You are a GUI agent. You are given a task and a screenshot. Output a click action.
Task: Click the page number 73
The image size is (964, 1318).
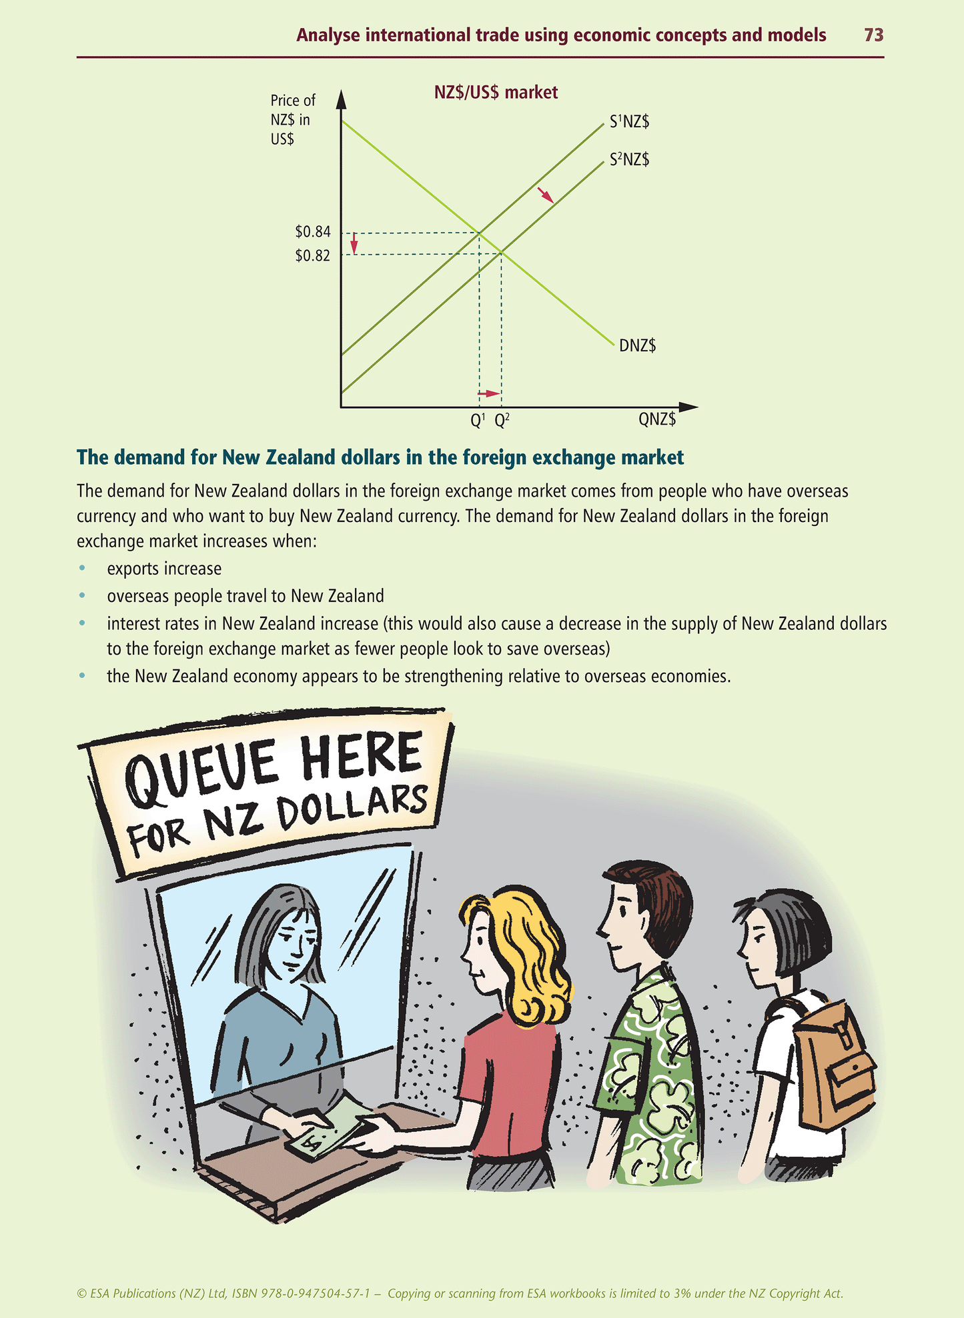[x=873, y=35]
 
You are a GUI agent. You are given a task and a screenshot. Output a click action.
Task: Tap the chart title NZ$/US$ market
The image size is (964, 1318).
[x=496, y=92]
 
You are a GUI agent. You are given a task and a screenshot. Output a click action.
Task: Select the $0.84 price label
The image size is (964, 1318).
[x=313, y=232]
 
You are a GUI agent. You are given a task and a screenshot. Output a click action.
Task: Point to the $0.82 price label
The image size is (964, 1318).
[x=313, y=255]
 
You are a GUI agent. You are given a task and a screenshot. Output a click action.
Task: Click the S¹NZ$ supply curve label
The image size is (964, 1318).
[x=629, y=122]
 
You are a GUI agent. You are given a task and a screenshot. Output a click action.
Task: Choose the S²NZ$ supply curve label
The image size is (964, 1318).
[x=629, y=160]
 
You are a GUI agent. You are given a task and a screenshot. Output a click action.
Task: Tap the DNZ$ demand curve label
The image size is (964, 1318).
[x=638, y=345]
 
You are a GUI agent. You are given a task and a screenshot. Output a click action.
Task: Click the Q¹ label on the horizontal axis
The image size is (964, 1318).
[x=478, y=420]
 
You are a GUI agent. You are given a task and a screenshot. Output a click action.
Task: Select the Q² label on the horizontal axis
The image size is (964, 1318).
[x=502, y=420]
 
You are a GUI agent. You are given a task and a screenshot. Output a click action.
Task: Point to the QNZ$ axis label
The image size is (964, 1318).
[x=657, y=419]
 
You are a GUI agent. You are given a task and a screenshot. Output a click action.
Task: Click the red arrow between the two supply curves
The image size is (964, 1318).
[x=546, y=195]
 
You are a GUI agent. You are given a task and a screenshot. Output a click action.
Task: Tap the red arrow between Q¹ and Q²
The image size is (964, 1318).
[x=489, y=394]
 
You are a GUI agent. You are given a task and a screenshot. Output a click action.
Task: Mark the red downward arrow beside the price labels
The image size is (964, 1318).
[x=354, y=243]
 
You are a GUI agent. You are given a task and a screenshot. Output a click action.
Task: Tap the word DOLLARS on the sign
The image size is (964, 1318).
[x=352, y=809]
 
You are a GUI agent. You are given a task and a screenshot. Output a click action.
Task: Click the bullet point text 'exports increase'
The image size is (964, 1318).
[x=164, y=569]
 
